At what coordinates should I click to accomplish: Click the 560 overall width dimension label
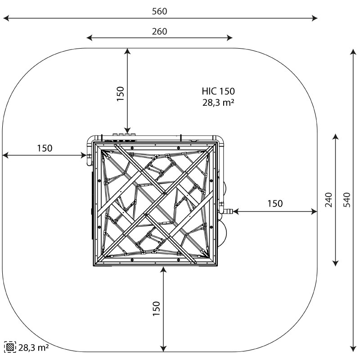point(160,11)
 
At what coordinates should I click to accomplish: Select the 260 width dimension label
point(160,31)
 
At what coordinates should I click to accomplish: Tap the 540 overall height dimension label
point(347,200)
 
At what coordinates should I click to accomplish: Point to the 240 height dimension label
point(328,200)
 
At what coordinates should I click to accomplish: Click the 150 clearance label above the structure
point(120,94)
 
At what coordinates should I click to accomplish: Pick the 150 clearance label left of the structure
point(45,148)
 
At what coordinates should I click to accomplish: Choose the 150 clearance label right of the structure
point(275,203)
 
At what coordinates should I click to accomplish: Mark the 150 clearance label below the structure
point(156,309)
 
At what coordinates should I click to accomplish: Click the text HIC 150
point(218,91)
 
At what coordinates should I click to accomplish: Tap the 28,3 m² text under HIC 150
point(218,103)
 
